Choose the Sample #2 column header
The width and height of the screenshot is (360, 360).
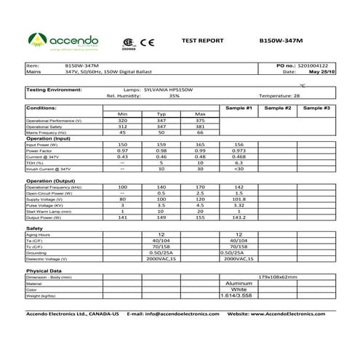(x=278, y=108)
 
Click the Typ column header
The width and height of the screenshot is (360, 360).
(x=161, y=114)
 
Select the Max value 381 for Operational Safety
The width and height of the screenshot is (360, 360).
(x=200, y=127)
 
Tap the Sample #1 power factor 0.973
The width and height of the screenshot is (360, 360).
(x=239, y=151)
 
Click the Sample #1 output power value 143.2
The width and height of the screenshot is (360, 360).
(x=239, y=217)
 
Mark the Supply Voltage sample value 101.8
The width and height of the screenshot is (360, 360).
(x=239, y=199)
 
